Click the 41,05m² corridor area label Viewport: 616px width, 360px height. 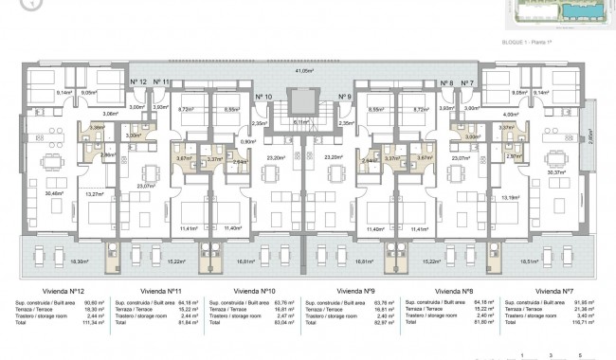(x=304, y=70)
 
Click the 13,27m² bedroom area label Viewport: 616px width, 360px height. (x=95, y=194)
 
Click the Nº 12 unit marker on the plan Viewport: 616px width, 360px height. (x=136, y=83)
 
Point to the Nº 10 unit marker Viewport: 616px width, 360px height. (x=264, y=98)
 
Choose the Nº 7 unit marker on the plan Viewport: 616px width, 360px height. (x=467, y=83)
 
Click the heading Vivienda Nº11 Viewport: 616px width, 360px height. (x=138, y=292)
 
